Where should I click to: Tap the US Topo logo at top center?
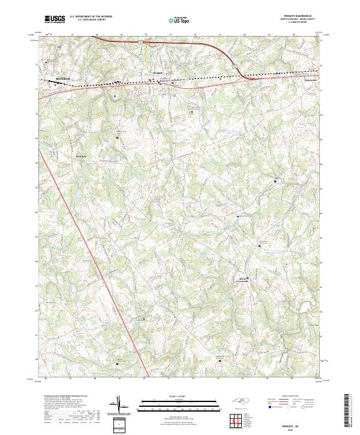click(180, 19)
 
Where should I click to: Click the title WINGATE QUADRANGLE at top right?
click(299, 16)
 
